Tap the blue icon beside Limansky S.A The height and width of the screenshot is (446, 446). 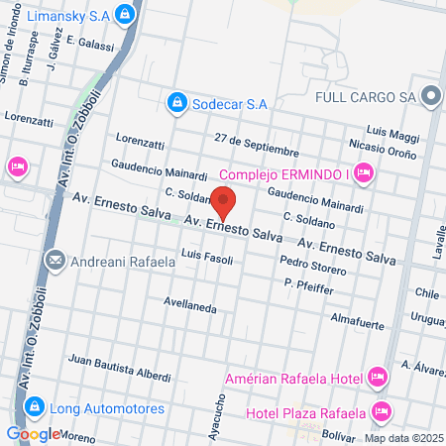tap(124, 14)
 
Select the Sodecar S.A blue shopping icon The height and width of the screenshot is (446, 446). tap(175, 101)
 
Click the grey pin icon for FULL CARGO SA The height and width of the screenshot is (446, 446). tap(430, 96)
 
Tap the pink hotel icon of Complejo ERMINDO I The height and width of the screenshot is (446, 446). tap(363, 174)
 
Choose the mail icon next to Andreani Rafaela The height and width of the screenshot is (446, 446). tap(54, 262)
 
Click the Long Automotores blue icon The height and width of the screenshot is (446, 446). tap(34, 406)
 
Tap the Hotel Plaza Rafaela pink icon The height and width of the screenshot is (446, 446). tap(383, 411)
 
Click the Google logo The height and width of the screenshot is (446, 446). tap(33, 434)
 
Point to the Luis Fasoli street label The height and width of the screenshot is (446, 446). tap(206, 258)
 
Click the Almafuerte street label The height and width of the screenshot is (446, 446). tap(357, 318)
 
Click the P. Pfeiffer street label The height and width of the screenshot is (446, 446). tap(308, 285)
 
